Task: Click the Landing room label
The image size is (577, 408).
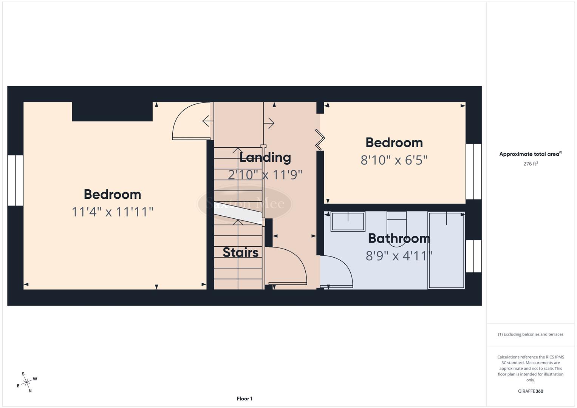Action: pos(265,157)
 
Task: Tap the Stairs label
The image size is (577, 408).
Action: pos(240,252)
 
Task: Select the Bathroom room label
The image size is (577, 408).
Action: pos(399,238)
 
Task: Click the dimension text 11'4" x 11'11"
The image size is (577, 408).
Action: pos(112,212)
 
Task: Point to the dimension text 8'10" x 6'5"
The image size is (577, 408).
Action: pos(394,160)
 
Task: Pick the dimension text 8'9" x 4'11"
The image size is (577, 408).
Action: pos(399,256)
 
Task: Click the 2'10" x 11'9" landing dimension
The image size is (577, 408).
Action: pos(265,175)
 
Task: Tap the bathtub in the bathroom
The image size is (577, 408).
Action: pos(446,250)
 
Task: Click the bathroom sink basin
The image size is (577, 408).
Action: pos(348,221)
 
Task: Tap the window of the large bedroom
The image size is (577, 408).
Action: pos(15,180)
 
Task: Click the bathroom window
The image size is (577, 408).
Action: pos(473,256)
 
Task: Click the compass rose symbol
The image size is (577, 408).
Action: pos(26,383)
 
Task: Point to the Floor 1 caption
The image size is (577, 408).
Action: pos(244,399)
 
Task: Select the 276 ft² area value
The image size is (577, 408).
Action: pos(531,164)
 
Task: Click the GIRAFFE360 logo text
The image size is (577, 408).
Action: pos(531,391)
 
